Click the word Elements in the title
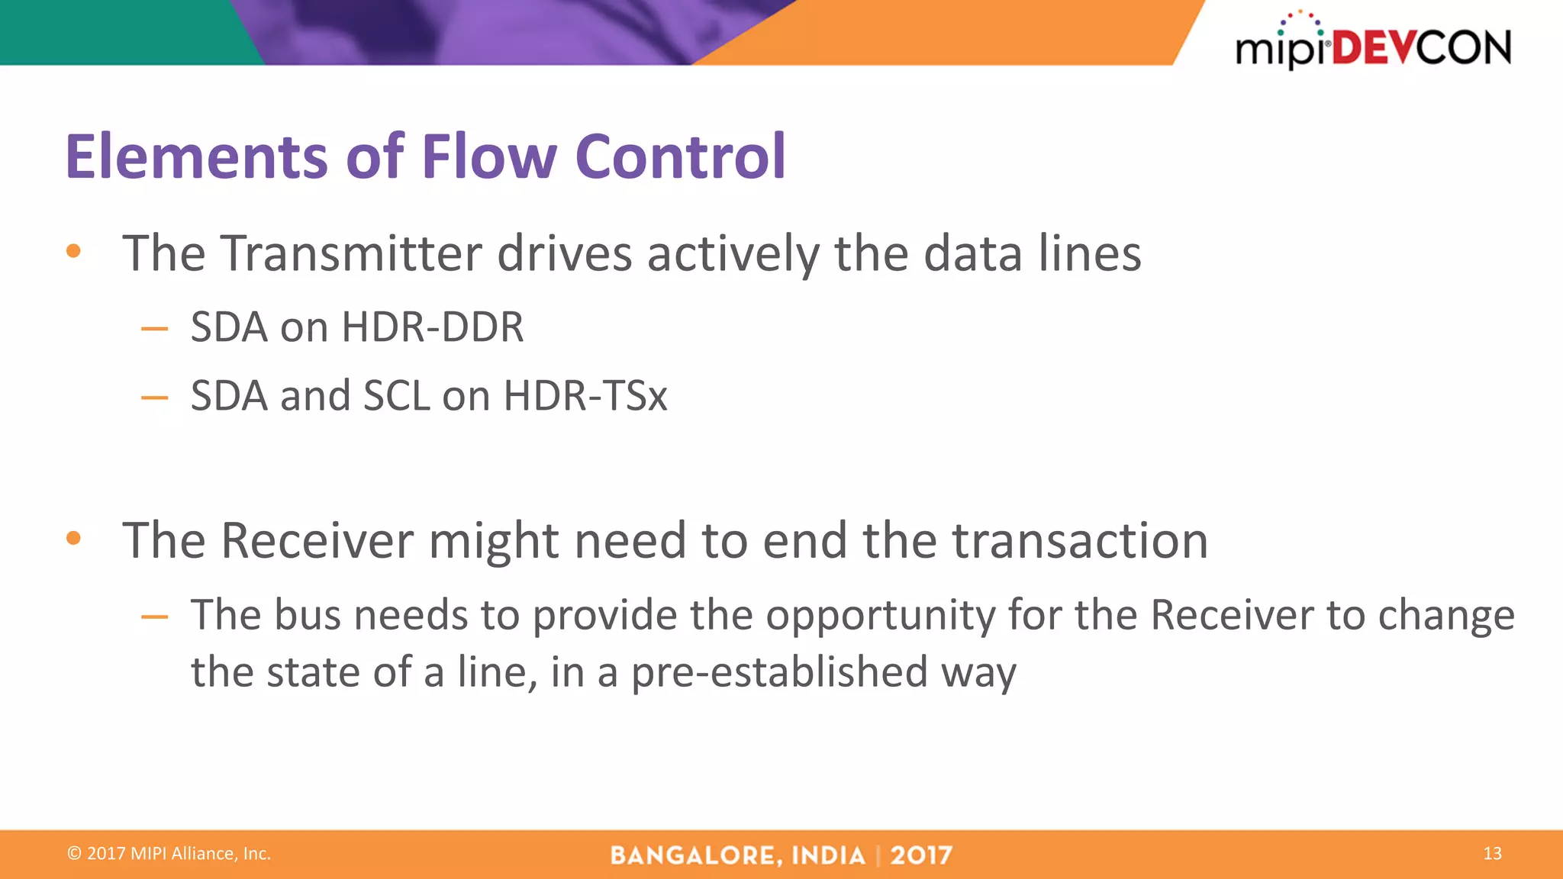pos(197,156)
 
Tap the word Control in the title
pos(679,156)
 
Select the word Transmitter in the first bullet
pos(351,253)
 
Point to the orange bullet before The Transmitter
pos(73,251)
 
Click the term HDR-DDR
pos(433,327)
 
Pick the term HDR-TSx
pos(585,396)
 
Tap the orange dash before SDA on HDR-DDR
pos(154,330)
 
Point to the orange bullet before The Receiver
pos(73,539)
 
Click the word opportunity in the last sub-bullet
pos(880,616)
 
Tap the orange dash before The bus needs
pos(154,617)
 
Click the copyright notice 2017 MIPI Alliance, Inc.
pos(169,854)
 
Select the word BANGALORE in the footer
pos(695,855)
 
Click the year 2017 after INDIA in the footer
pos(921,855)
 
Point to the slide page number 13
pos(1492,854)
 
